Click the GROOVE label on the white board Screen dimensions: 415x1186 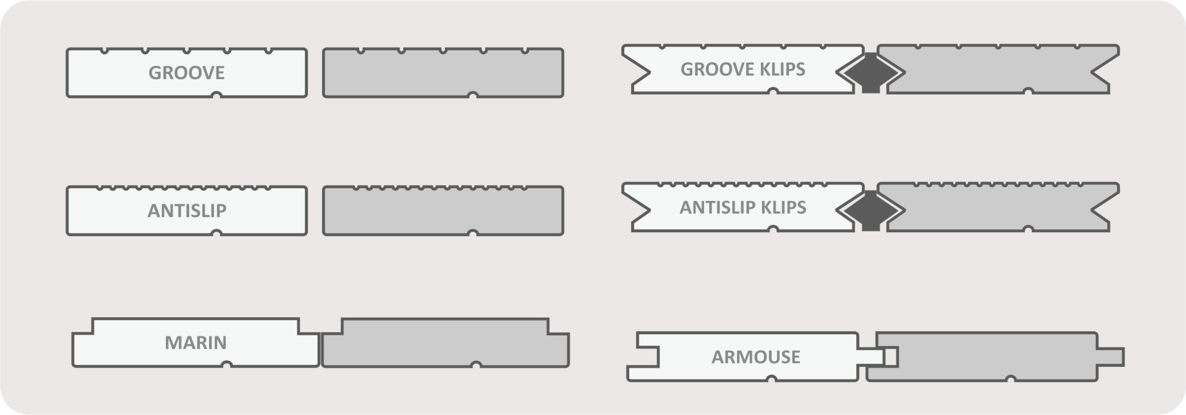[187, 73]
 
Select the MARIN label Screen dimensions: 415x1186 [195, 343]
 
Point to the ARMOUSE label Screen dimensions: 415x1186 [756, 357]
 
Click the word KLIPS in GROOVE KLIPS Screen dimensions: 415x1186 [782, 69]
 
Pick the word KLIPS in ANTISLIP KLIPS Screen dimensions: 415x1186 [784, 207]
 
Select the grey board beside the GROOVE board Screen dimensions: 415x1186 [443, 74]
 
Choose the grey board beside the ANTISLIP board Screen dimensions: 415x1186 [443, 212]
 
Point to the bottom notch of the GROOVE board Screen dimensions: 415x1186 [216, 95]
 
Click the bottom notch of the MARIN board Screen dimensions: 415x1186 [226, 365]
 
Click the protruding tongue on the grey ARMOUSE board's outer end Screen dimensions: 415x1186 [1111, 357]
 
